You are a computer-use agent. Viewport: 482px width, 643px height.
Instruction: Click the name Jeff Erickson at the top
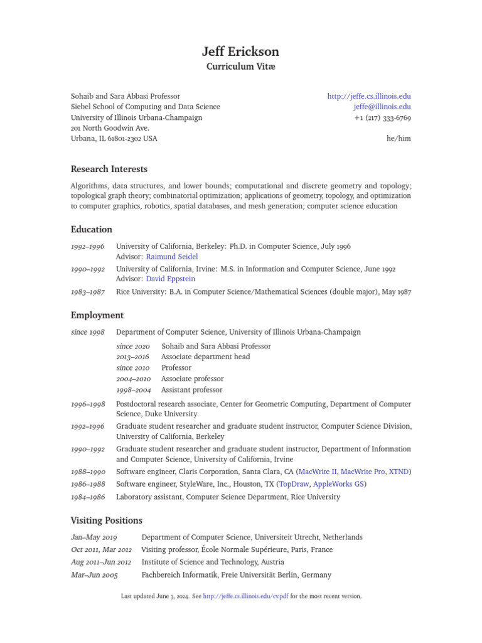(x=240, y=51)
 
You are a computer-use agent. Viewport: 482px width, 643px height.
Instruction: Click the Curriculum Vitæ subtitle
(x=240, y=67)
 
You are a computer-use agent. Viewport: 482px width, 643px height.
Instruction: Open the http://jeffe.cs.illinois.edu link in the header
(x=369, y=96)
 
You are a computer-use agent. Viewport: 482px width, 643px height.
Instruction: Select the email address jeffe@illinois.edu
(x=382, y=107)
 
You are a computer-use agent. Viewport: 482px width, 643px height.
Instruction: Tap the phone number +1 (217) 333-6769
(x=382, y=117)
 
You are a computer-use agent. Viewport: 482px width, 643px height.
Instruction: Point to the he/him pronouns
(x=399, y=138)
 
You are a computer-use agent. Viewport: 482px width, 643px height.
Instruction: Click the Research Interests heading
(x=109, y=169)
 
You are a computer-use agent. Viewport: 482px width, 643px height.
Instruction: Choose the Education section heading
(x=92, y=229)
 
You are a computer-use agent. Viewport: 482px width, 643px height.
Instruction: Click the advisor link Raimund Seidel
(x=172, y=257)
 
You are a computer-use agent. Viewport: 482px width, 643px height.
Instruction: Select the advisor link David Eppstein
(x=172, y=279)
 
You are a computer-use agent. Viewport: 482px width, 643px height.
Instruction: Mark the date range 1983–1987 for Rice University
(x=88, y=292)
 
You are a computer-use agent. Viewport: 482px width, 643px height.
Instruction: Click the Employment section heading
(x=97, y=315)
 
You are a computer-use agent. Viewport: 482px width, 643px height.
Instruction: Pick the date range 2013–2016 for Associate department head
(x=133, y=357)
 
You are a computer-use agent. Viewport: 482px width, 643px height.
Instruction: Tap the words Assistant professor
(x=191, y=390)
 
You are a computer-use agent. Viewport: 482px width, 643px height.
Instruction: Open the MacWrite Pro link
(x=363, y=472)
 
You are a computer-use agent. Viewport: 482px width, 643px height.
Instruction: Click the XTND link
(x=399, y=472)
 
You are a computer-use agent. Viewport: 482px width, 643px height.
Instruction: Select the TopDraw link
(x=294, y=484)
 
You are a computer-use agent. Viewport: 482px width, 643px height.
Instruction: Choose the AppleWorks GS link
(x=338, y=484)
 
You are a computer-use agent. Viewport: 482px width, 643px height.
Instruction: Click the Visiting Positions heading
(x=107, y=520)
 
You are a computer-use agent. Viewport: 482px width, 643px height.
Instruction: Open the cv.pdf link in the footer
(x=245, y=596)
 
